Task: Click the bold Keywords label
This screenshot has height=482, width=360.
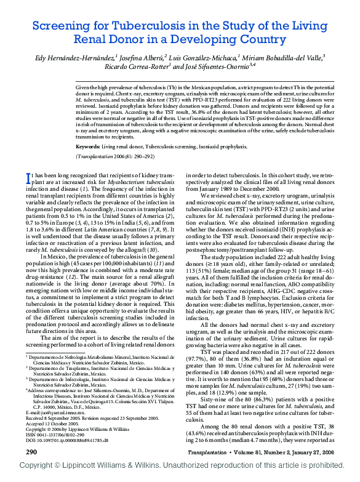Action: [87, 147]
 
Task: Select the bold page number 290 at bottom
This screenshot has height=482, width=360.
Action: [31, 452]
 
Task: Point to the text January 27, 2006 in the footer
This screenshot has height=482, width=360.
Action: [313, 452]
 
